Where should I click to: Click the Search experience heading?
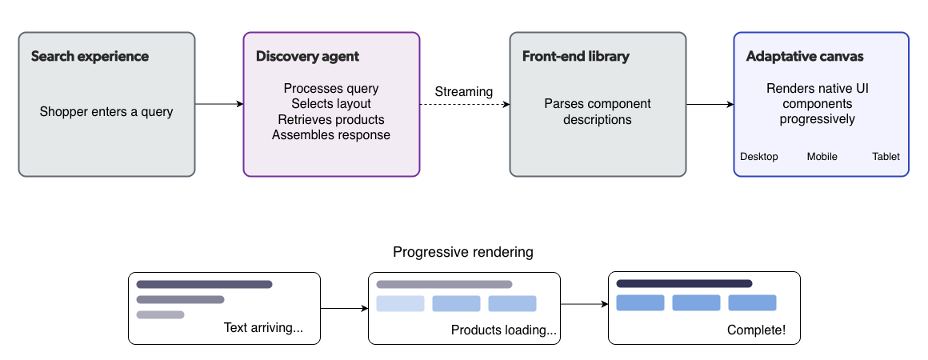click(x=90, y=57)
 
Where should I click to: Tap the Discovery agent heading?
click(x=307, y=57)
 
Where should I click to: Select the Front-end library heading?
click(x=575, y=57)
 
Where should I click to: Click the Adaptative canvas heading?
click(x=804, y=57)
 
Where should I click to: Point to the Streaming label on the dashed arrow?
click(x=463, y=91)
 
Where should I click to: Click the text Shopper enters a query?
click(x=106, y=112)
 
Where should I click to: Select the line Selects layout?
click(x=331, y=104)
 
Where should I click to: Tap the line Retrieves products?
click(x=331, y=119)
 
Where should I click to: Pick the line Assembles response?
click(x=331, y=134)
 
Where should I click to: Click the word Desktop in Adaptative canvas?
click(x=758, y=157)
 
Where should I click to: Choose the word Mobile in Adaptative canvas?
click(x=822, y=157)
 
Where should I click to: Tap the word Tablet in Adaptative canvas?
click(x=886, y=157)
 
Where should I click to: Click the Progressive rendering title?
click(x=462, y=252)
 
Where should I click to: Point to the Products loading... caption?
click(x=503, y=330)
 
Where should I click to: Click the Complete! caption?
click(x=756, y=330)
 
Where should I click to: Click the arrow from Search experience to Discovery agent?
click(x=218, y=104)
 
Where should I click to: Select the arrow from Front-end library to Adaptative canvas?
click(x=710, y=104)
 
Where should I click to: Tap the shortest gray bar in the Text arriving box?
click(x=160, y=314)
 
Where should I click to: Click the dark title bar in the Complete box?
click(x=684, y=283)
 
